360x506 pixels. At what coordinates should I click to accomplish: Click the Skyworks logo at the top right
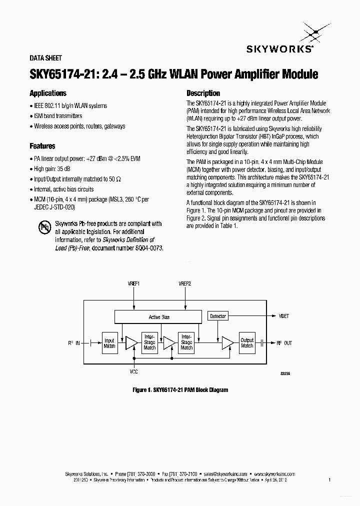point(279,40)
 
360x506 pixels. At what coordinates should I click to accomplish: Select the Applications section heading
point(48,93)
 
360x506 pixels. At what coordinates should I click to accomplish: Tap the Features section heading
point(42,146)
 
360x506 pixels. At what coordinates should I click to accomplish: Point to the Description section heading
point(203,93)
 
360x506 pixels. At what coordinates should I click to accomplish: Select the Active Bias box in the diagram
point(159,317)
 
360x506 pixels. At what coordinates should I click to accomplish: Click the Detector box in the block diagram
point(218,316)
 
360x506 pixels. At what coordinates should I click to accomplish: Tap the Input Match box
point(109,343)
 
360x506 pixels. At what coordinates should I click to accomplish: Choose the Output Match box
point(247,343)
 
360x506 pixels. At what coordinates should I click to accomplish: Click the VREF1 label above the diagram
point(134,283)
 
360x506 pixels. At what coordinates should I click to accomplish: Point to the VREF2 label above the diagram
point(184,283)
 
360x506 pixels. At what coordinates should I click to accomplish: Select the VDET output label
point(284,316)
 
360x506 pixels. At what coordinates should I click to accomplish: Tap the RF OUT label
point(284,343)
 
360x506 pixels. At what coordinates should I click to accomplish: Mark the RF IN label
point(74,343)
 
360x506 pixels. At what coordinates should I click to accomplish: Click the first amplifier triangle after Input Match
point(131,343)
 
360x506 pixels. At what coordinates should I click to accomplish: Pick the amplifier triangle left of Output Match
point(227,343)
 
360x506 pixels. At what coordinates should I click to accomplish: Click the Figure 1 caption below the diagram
point(180,389)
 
